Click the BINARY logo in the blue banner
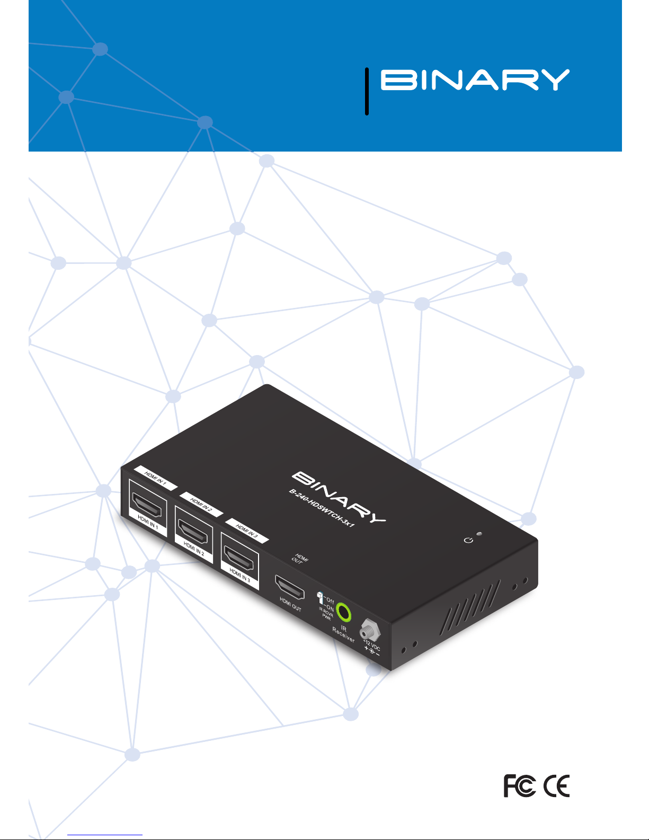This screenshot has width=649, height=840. tap(475, 80)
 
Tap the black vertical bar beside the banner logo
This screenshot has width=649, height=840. tap(367, 91)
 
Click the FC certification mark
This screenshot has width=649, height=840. tap(519, 785)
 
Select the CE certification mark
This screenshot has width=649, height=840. tap(556, 785)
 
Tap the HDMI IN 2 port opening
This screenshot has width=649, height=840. tap(193, 528)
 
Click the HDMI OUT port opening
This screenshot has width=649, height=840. tap(289, 586)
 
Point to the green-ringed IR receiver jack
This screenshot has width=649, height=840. tap(344, 613)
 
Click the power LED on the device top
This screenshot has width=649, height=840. tap(479, 534)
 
